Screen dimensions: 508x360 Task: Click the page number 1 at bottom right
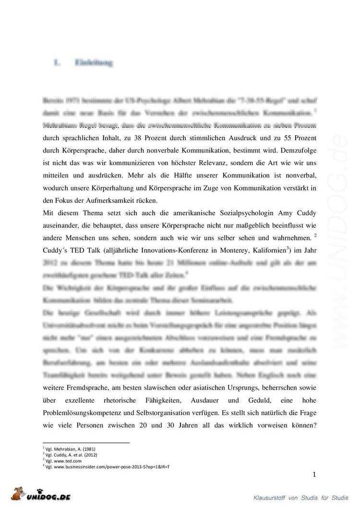click(x=314, y=475)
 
